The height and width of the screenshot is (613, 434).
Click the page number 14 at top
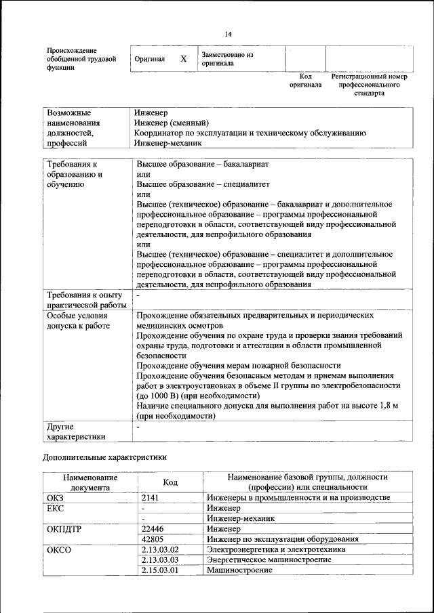[x=228, y=35]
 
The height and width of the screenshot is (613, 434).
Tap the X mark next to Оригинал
[x=183, y=59]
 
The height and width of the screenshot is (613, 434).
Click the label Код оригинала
[x=305, y=81]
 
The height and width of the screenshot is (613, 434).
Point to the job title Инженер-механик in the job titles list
[x=169, y=144]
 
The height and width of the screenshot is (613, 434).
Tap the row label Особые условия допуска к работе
[x=77, y=321]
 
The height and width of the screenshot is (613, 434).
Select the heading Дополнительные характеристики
[x=104, y=457]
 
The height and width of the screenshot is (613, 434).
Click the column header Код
[x=171, y=482]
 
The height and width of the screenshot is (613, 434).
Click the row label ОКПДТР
[x=64, y=529]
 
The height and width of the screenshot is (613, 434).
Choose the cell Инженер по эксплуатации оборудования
[x=283, y=539]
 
